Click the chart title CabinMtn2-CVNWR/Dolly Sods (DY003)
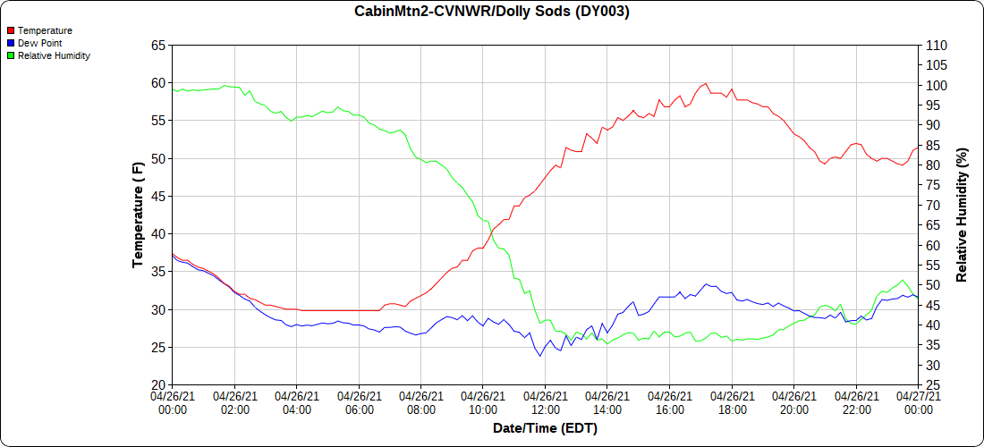point(492,12)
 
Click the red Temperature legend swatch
point(11,30)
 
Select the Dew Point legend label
point(39,43)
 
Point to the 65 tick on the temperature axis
point(157,46)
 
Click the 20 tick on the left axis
point(157,385)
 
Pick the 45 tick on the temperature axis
point(157,197)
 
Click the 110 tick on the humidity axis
point(935,46)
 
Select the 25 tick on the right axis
point(931,385)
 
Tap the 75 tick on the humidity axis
point(931,185)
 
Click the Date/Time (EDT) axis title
point(545,428)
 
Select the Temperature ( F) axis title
point(138,215)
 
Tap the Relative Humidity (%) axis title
point(963,215)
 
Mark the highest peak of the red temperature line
point(706,83)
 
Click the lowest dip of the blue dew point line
point(540,356)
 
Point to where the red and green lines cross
point(491,232)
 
